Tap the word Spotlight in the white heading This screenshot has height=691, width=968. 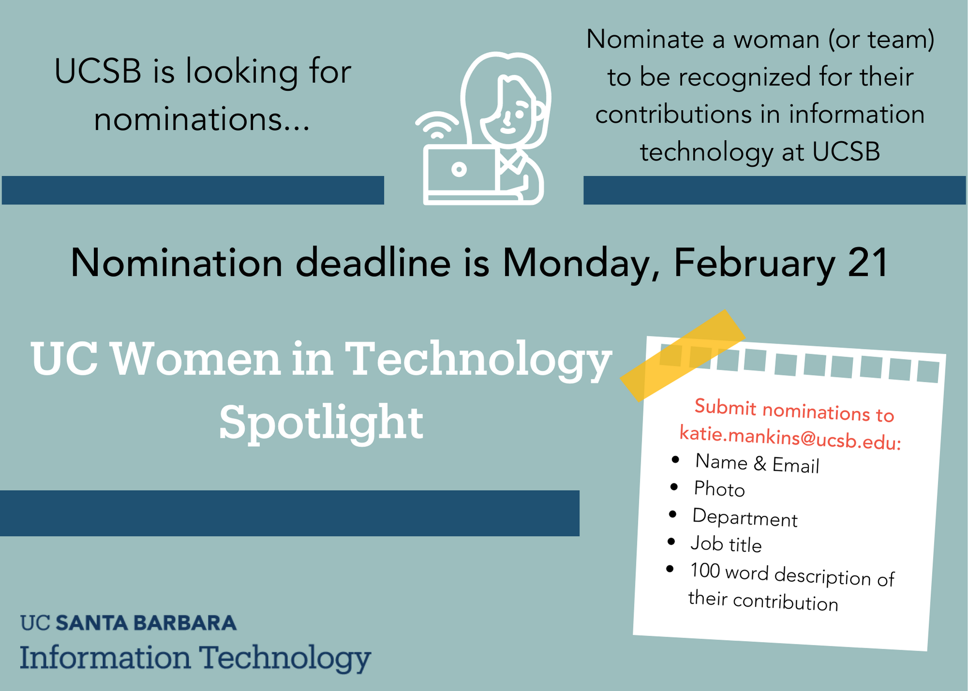(321, 422)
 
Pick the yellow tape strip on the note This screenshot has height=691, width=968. (682, 356)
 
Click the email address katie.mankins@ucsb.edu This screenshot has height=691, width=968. (790, 437)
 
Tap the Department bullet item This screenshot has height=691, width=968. (745, 517)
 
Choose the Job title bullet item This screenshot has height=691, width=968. (726, 544)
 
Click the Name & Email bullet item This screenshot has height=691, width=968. (757, 463)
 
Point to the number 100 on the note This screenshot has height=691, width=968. (705, 571)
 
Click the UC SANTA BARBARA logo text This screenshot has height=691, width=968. (128, 623)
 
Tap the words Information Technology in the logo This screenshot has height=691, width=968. (195, 658)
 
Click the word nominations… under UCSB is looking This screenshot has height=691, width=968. (202, 120)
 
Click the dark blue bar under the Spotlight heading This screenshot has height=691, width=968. (289, 513)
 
